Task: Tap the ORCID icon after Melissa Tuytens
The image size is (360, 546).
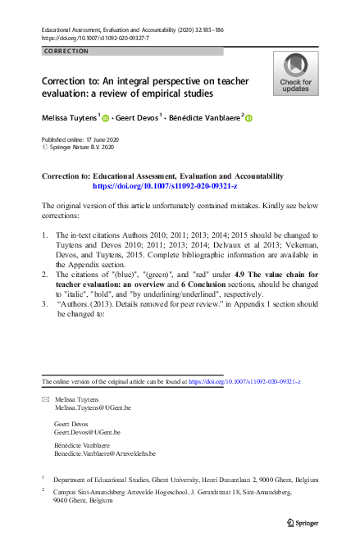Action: click(x=105, y=118)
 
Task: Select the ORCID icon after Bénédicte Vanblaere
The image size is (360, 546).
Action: click(x=248, y=118)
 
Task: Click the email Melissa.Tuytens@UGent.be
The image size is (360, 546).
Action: click(x=93, y=407)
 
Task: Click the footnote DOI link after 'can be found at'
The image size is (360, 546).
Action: click(x=244, y=382)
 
